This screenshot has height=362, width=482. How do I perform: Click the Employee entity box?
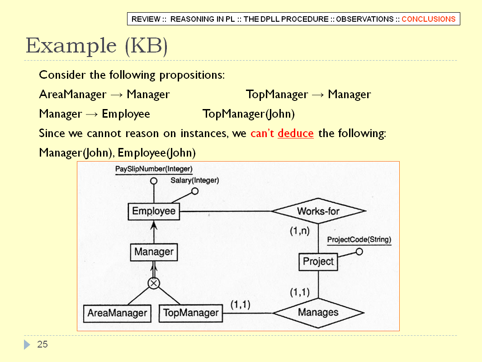(154, 211)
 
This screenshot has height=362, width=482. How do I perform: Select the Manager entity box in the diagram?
(154, 252)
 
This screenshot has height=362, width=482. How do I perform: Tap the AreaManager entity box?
(117, 313)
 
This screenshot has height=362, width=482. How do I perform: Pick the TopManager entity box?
(191, 313)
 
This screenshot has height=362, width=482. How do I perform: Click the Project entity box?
(318, 262)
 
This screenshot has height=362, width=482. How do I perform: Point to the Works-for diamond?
(318, 211)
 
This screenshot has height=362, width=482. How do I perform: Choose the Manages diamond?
(318, 313)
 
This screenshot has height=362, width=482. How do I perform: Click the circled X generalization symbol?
(154, 283)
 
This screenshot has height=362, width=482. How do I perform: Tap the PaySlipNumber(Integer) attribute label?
(154, 169)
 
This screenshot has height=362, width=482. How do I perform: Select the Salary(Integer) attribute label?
(194, 180)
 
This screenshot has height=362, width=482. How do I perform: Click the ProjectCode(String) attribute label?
(359, 239)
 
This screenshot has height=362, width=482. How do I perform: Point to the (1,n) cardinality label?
(300, 231)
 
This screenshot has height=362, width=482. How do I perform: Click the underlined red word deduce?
(295, 133)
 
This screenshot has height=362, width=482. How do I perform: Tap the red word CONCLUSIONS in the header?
(429, 19)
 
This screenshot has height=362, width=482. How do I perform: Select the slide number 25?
(43, 344)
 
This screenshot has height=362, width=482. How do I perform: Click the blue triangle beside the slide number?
(27, 344)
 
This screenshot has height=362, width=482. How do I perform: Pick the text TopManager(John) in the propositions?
(248, 114)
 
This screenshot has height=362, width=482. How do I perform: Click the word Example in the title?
(71, 46)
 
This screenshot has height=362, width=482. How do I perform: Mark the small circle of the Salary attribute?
(195, 191)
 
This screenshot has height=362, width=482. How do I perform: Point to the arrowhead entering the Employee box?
(154, 225)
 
